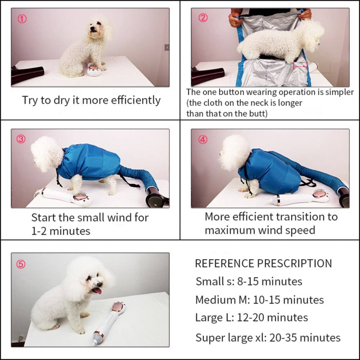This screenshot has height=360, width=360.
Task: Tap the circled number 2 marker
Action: point(203,18)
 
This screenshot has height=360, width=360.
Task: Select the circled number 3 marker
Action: point(21,139)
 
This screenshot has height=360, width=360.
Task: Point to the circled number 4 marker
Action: point(203,140)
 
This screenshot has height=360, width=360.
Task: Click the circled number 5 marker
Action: point(21,265)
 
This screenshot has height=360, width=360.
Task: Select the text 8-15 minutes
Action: point(269,282)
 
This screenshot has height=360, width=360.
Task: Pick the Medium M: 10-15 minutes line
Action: point(259,300)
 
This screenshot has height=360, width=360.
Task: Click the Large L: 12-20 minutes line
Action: point(251,318)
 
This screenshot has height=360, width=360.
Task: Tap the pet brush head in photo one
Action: point(93,68)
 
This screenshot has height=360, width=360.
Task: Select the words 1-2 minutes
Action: point(60,231)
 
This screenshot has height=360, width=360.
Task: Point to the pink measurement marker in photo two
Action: point(300,66)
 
